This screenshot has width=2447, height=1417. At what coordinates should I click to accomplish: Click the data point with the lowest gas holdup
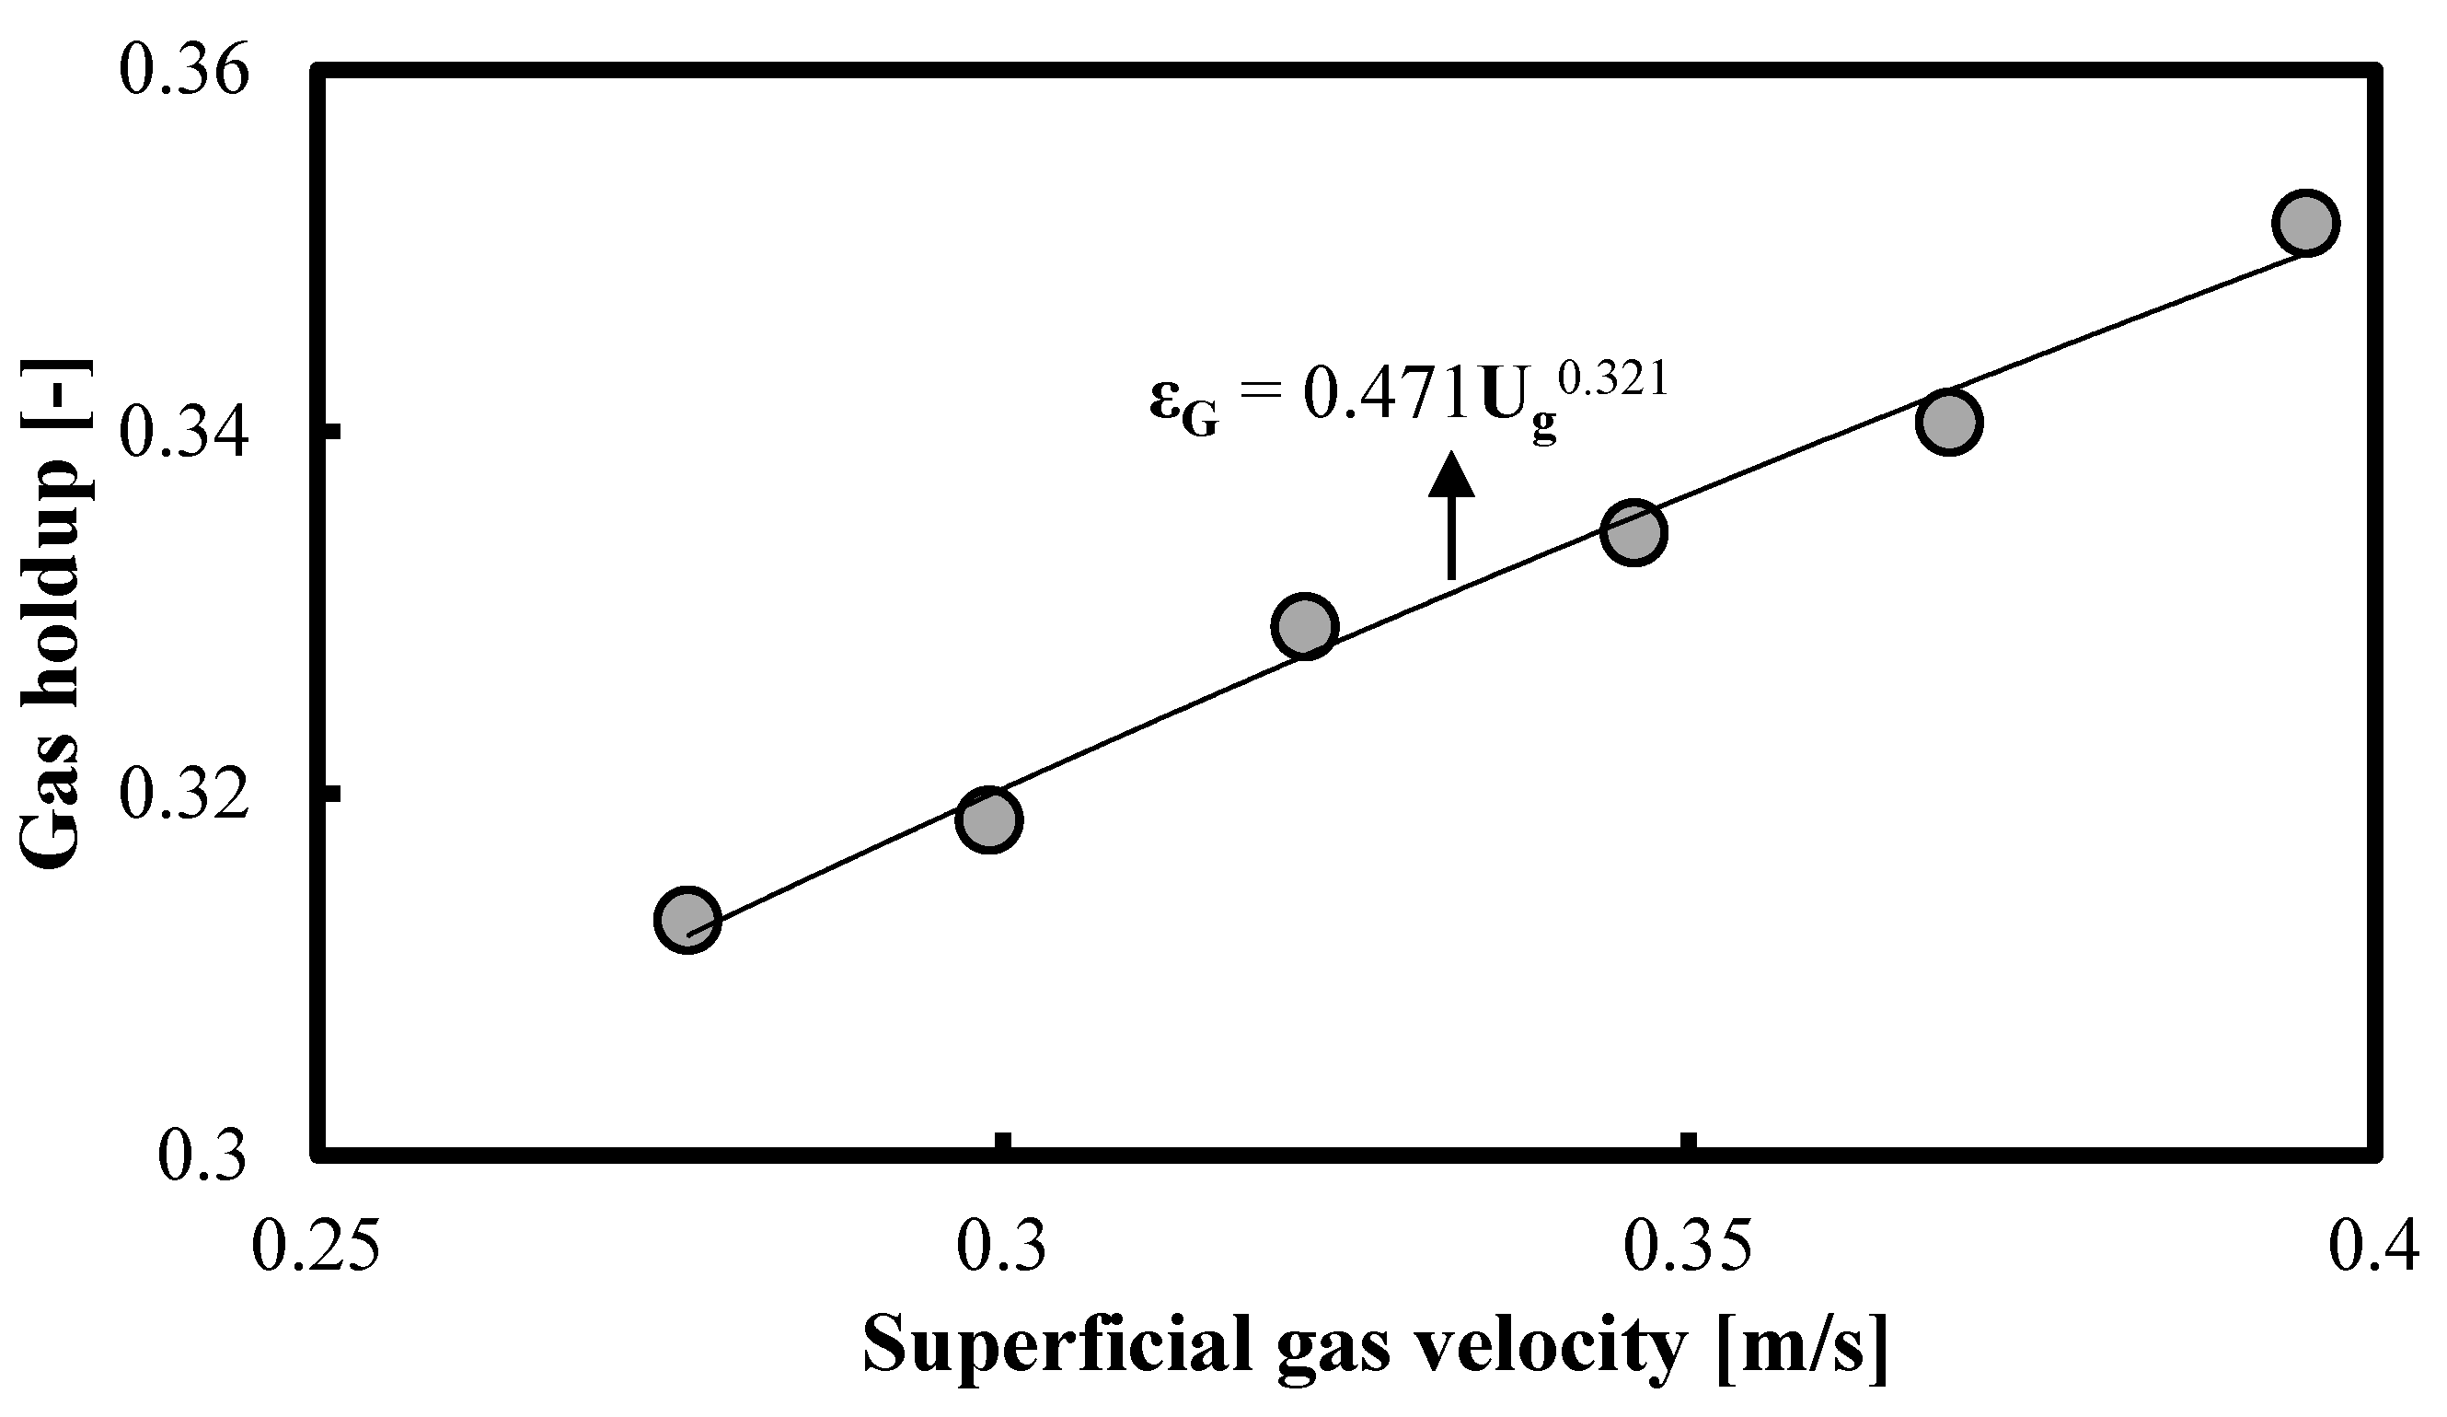tap(687, 919)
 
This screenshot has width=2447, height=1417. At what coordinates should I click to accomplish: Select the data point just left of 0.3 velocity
tap(988, 819)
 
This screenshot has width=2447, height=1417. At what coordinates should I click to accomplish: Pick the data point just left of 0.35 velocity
tap(1634, 531)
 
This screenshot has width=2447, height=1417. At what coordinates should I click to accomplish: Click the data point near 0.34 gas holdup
tap(1949, 422)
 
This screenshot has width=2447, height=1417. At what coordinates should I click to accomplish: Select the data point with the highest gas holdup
tap(2306, 223)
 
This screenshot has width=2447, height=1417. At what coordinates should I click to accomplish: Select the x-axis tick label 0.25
tap(315, 1248)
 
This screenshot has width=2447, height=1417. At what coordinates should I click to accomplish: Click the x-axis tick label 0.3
tap(1002, 1248)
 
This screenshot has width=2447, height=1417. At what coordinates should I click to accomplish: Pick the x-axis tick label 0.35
tap(1690, 1248)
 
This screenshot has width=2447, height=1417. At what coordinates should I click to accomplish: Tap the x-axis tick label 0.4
tap(2377, 1248)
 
